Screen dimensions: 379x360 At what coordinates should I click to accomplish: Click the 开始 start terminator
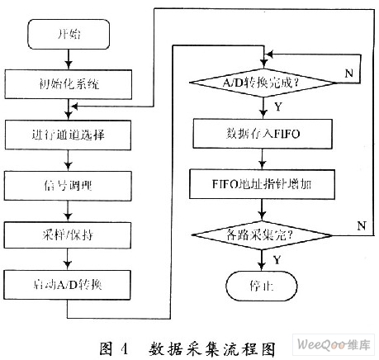[x=69, y=35]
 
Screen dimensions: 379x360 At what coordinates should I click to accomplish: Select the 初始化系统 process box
[x=69, y=84]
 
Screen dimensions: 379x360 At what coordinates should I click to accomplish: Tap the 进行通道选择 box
[x=68, y=135]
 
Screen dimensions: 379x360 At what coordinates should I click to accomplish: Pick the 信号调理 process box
[x=68, y=186]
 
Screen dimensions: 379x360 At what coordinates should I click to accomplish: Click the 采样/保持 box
[x=68, y=235]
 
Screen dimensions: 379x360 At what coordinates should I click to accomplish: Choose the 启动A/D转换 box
[x=67, y=285]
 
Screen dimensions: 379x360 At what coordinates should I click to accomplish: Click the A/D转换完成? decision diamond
[x=263, y=83]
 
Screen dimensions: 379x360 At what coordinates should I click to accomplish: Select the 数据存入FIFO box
[x=263, y=134]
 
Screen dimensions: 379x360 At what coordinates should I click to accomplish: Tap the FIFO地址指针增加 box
[x=262, y=184]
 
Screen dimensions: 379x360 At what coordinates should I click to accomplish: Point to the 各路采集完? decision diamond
[x=262, y=235]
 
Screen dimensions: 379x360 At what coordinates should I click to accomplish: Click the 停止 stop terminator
[x=262, y=286]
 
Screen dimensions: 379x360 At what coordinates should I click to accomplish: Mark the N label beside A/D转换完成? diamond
[x=349, y=73]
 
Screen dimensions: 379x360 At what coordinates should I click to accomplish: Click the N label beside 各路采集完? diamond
[x=362, y=225]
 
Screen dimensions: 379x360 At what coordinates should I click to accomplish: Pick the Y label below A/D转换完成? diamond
[x=278, y=107]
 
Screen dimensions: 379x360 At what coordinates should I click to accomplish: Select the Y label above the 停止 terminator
[x=277, y=259]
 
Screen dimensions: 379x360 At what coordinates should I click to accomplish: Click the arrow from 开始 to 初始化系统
[x=69, y=59]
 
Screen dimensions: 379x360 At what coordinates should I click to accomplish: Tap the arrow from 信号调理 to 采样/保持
[x=68, y=211]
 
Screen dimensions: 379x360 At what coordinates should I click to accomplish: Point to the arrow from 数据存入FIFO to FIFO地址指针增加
[x=263, y=159]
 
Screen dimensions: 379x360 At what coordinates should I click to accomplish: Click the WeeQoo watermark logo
[x=334, y=344]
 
